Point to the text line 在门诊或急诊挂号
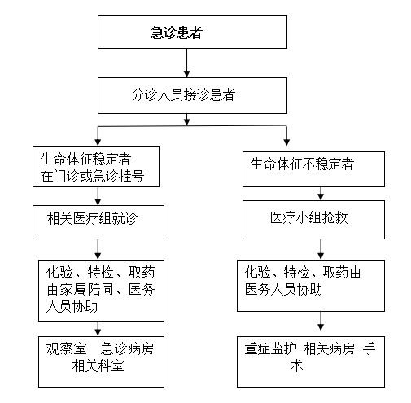pos(92,176)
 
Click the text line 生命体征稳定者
pos(85,159)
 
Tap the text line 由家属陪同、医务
pos(101,289)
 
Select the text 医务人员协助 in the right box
pos(283,289)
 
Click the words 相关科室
pos(98,366)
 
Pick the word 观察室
pos(66,348)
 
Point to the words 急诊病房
pos(127,348)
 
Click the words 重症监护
pos(270,348)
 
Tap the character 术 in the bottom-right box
pos(296,366)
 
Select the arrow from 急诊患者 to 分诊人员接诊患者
pos(186,64)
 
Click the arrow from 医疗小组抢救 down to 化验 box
pos(321,249)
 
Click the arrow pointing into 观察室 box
pos(98,329)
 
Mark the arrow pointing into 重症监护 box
pos(321,321)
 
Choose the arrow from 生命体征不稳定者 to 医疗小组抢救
pos(321,194)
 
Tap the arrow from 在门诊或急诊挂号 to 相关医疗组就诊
pos(98,196)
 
